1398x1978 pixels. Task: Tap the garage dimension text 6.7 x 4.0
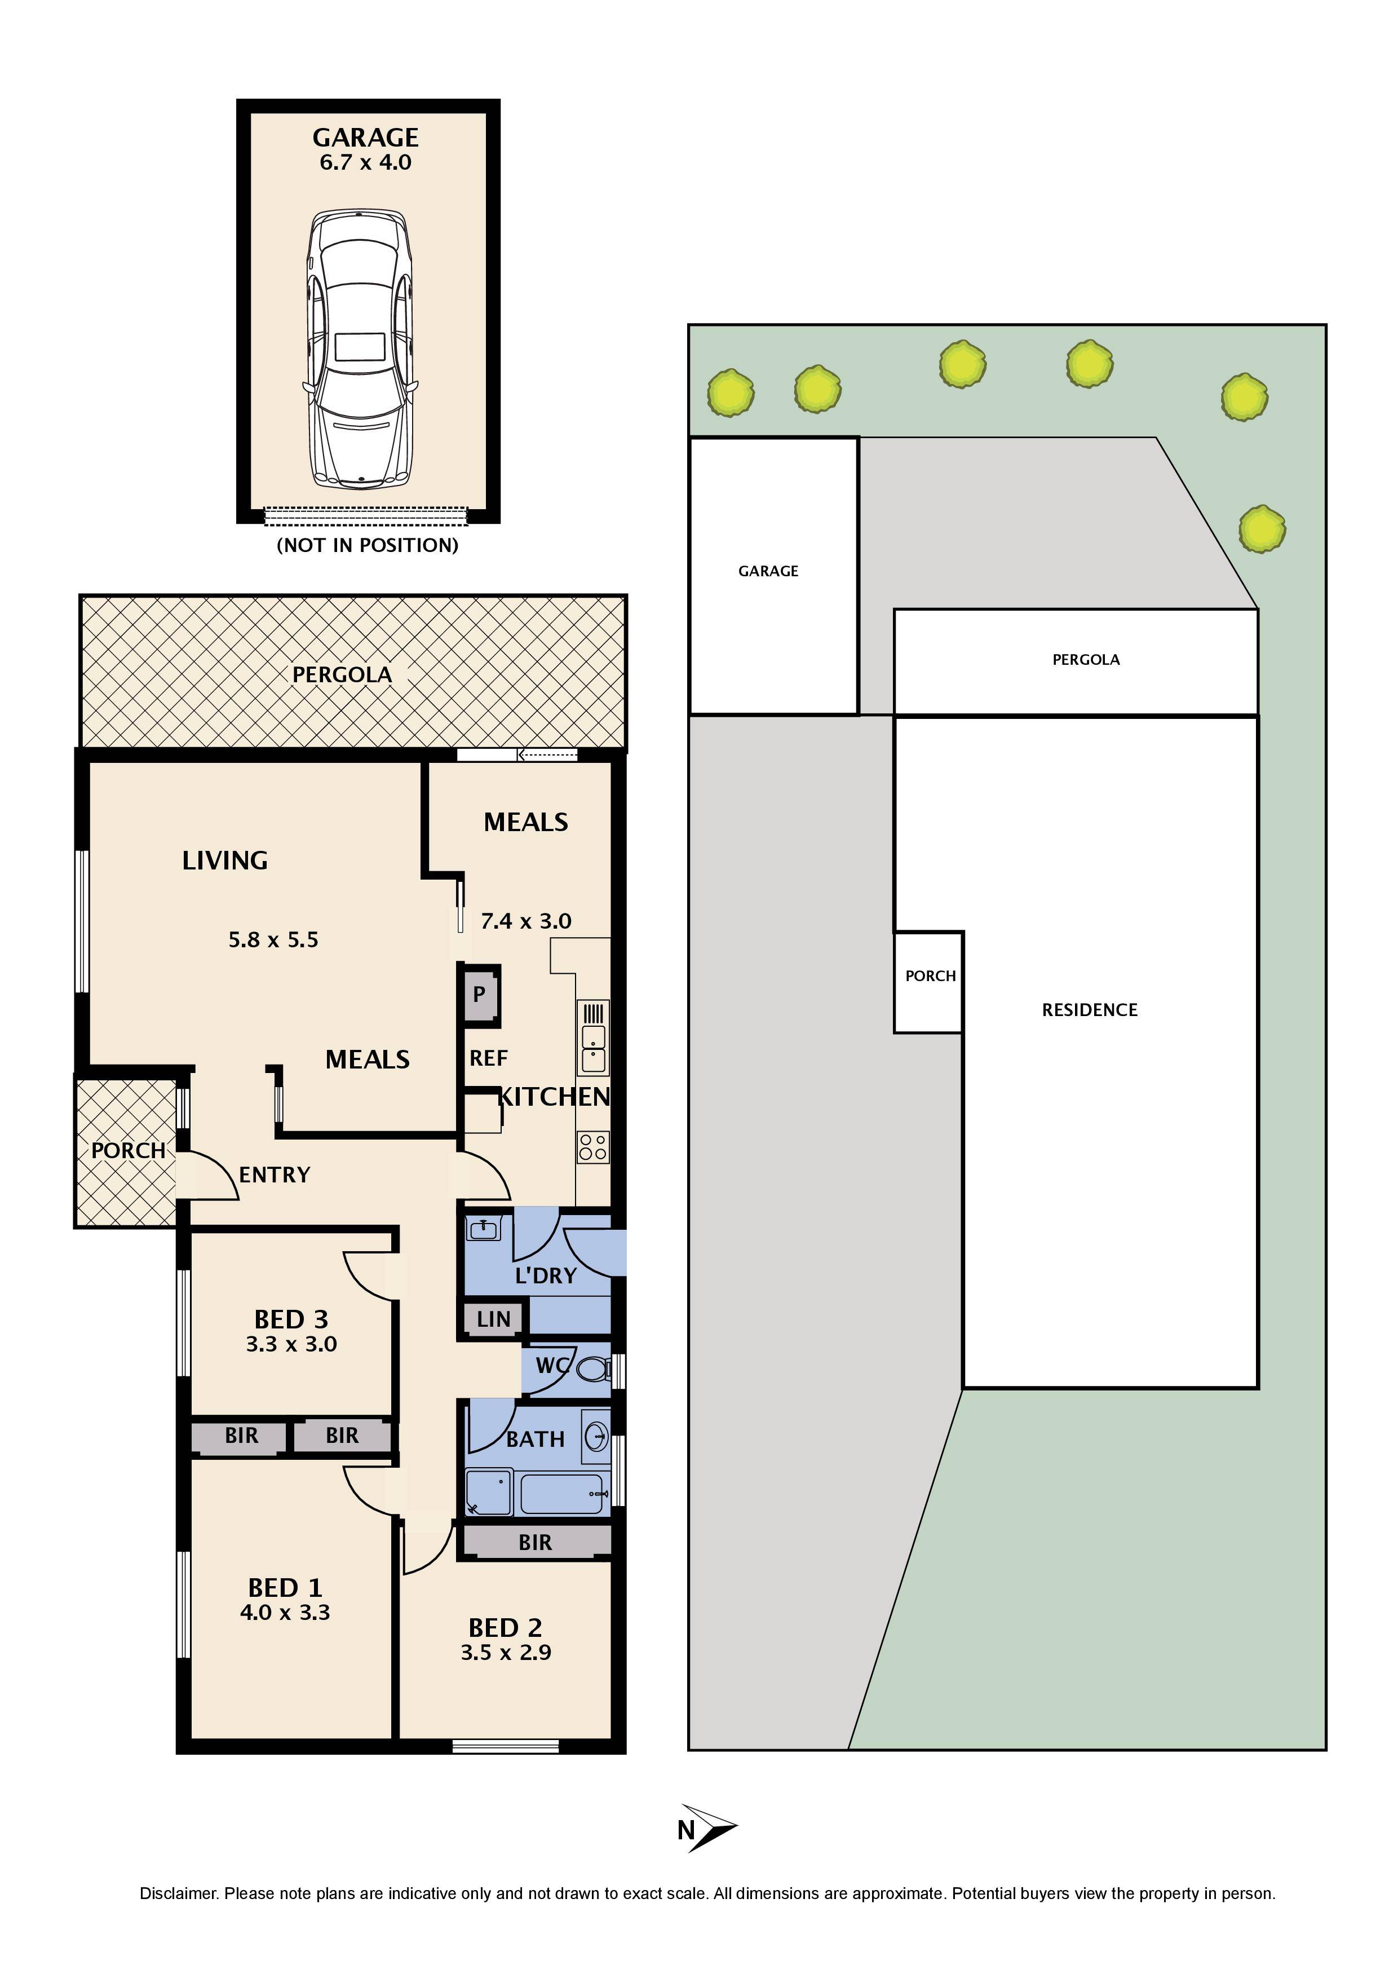365,163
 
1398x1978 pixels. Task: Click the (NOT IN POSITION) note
367,545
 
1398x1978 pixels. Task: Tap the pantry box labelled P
479,995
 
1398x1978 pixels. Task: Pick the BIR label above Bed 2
535,1543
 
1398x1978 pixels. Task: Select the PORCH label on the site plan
930,976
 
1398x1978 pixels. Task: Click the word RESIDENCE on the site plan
1090,1010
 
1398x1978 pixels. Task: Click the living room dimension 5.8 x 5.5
273,940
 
